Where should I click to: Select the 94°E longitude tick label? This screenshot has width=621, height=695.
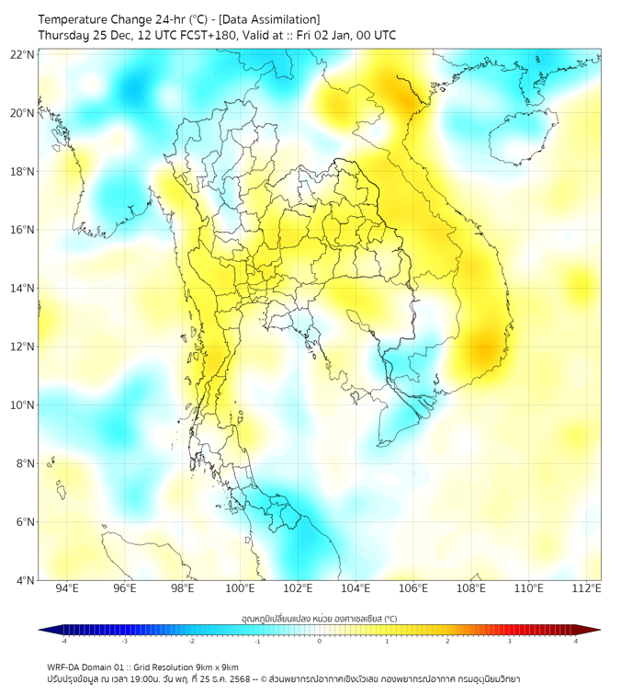(x=67, y=588)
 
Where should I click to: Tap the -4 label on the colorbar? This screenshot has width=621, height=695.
(x=62, y=641)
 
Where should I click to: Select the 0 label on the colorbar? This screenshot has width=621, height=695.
(x=320, y=641)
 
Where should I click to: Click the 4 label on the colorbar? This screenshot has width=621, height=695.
(x=576, y=641)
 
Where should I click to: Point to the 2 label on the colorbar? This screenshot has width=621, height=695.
(x=448, y=641)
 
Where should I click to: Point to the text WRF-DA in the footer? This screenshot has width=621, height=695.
(x=66, y=667)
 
